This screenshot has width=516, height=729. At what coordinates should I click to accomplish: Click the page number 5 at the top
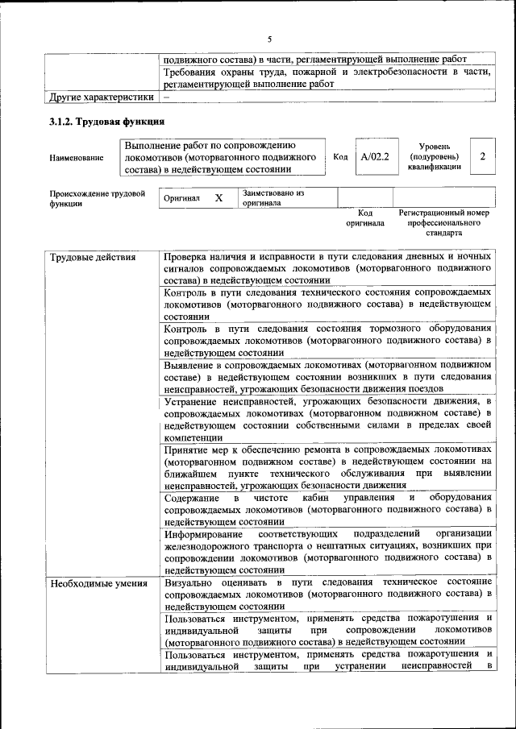pyautogui.click(x=270, y=37)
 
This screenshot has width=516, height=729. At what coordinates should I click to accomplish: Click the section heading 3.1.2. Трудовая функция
pyautogui.click(x=106, y=122)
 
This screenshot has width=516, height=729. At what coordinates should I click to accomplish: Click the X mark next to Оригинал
pyautogui.click(x=218, y=197)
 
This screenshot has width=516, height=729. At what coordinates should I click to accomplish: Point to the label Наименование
pyautogui.click(x=77, y=158)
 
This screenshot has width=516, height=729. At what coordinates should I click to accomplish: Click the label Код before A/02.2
pyautogui.click(x=340, y=157)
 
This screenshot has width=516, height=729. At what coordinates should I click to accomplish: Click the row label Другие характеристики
pyautogui.click(x=101, y=97)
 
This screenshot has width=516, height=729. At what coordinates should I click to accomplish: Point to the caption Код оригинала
pyautogui.click(x=365, y=217)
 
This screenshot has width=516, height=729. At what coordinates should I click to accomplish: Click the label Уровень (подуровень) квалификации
pyautogui.click(x=434, y=156)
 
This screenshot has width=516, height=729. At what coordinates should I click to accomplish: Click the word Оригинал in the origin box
pyautogui.click(x=181, y=198)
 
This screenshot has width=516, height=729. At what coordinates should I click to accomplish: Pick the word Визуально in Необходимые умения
pyautogui.click(x=189, y=582)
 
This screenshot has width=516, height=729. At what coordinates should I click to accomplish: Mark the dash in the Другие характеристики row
pyautogui.click(x=166, y=97)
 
